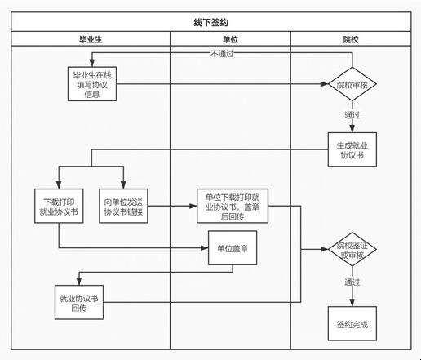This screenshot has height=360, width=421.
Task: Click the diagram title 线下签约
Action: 210,22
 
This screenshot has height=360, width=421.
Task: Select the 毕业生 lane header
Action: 91,39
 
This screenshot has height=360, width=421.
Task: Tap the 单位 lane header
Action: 230,39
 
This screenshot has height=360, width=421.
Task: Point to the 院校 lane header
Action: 351,39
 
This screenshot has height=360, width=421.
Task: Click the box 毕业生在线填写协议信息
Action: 92,84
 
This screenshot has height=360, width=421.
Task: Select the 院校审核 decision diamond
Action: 352,84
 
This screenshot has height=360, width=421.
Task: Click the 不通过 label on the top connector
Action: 222,54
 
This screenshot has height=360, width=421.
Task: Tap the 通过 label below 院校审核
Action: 352,115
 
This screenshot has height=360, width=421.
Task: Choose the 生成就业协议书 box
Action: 352,149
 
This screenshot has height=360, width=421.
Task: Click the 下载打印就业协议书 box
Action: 59,206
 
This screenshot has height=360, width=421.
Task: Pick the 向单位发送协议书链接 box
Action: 123,206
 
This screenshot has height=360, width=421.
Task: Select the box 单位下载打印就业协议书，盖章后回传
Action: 233,206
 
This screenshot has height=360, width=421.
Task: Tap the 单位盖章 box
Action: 233,248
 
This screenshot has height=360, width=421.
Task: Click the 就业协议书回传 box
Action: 79,302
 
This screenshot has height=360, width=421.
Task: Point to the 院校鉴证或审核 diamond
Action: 352,249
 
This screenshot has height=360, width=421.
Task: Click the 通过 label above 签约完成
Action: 352,282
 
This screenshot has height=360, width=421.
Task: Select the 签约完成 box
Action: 352,323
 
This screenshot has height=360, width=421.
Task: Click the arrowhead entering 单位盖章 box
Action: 205,248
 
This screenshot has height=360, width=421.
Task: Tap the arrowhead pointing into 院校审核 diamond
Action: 324,84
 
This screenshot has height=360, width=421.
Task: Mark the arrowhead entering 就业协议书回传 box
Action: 79,282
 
